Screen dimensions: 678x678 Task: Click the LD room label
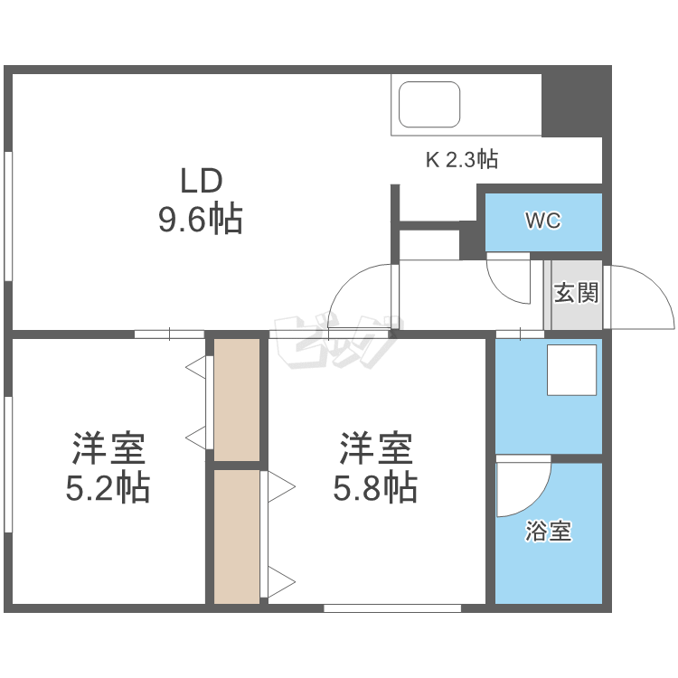tap(201, 181)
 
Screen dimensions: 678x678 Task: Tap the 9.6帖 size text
tap(201, 219)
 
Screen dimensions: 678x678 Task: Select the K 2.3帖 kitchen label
tap(462, 160)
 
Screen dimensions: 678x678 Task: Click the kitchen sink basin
tap(430, 104)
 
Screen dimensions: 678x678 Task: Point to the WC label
tap(542, 221)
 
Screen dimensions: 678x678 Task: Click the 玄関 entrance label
tap(576, 293)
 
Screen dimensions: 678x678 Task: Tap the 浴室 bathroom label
tap(549, 532)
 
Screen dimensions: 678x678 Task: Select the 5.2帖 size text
tap(108, 488)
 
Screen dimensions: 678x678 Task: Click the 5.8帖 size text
tap(375, 488)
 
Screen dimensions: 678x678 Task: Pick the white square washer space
tap(572, 370)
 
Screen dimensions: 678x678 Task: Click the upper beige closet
tap(237, 398)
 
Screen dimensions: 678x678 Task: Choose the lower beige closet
tap(237, 535)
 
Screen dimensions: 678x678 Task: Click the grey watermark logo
tap(334, 342)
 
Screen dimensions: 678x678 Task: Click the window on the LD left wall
tap(8, 217)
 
